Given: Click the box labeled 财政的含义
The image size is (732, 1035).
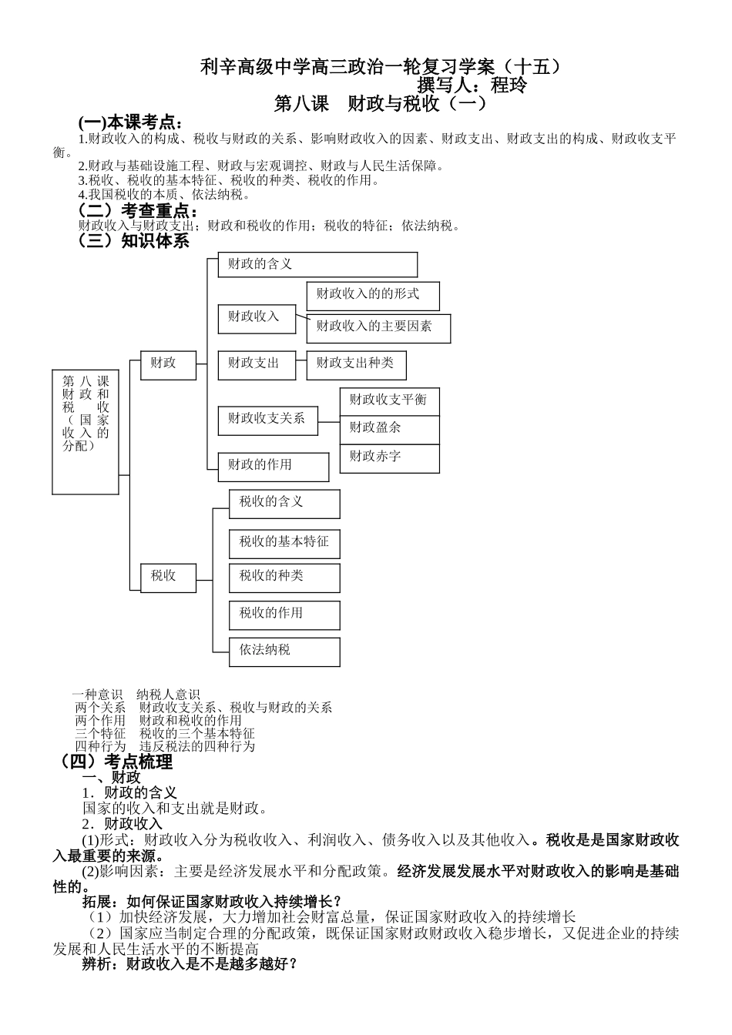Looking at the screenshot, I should point(317,264).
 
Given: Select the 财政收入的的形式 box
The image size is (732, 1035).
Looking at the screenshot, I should point(373,296).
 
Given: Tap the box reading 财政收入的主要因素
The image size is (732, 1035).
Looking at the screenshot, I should point(378,328).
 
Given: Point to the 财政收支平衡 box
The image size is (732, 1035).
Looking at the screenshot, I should point(389,401).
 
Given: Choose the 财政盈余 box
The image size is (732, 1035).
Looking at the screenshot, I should point(389,430).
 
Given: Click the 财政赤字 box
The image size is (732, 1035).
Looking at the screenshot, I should point(389,458).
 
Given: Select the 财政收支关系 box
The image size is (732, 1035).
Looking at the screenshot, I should point(267,420).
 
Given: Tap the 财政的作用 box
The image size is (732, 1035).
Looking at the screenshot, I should point(273,467).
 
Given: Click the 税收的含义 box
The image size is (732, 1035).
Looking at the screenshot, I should point(284,504).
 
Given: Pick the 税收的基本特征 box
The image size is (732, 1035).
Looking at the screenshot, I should point(284,544).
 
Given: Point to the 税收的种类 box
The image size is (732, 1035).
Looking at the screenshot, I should point(284,578).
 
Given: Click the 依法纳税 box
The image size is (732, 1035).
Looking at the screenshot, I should point(284,651).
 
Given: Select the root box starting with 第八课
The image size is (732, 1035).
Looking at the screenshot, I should point(86,431).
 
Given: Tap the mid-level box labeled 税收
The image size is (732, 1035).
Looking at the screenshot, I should point(168,577).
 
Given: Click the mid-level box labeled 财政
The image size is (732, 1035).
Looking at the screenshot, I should point(168,365).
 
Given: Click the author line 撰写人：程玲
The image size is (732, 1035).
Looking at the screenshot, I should point(472,85).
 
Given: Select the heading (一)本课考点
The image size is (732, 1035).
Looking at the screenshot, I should point(131,122).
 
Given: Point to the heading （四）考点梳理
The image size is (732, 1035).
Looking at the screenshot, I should point(116,762).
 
